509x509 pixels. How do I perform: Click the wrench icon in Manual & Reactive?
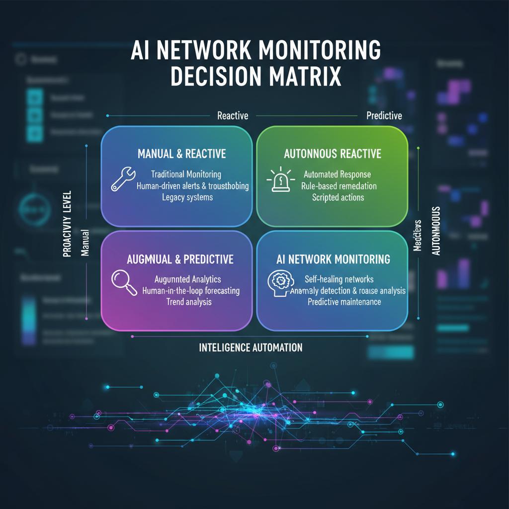tap(121, 179)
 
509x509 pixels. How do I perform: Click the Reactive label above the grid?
tap(233, 116)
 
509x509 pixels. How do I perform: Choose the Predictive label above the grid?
tap(384, 116)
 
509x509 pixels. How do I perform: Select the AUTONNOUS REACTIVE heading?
tap(333, 154)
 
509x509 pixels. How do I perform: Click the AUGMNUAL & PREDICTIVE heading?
tap(180, 259)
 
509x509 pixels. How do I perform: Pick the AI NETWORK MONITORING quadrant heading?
tap(333, 259)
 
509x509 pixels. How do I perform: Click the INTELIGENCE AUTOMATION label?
tap(251, 347)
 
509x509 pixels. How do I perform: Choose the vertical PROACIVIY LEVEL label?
tap(68, 224)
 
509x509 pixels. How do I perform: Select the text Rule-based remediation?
tap(339, 186)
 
